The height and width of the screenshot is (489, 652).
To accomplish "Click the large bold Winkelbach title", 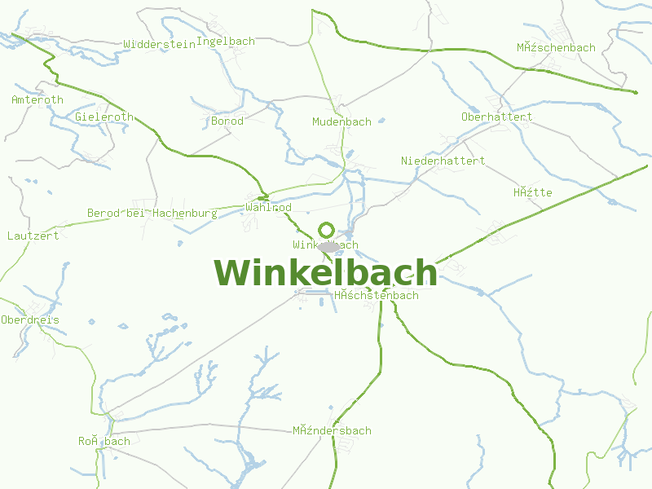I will click(325, 274).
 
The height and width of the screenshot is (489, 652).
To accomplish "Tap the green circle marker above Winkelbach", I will click(326, 230).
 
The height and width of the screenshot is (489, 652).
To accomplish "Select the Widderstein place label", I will click(159, 45).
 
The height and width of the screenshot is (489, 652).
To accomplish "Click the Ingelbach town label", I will click(226, 42).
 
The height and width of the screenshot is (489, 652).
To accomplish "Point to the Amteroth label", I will click(37, 100).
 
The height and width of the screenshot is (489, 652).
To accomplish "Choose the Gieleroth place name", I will click(104, 117).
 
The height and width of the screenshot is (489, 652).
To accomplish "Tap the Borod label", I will click(227, 121).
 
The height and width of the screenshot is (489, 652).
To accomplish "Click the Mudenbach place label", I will click(341, 122).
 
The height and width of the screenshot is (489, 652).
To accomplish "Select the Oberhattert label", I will click(496, 117).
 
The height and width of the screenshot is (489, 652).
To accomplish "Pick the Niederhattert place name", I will click(443, 161).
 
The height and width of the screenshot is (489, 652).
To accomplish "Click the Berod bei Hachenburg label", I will click(152, 214).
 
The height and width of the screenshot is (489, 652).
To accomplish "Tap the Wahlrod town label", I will click(268, 208).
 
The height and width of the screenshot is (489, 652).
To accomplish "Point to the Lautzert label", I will click(33, 236).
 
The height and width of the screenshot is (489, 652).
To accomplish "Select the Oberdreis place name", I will click(30, 320).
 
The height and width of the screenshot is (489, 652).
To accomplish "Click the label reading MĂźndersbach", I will click(332, 431).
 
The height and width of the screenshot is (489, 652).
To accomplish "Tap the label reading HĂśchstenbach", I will click(376, 296).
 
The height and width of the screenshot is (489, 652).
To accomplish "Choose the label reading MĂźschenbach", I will click(556, 48).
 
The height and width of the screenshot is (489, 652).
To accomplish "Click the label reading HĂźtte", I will click(532, 193).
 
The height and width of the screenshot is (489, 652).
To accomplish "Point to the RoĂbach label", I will click(104, 442).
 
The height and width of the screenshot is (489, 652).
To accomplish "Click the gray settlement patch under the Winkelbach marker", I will click(328, 247).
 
